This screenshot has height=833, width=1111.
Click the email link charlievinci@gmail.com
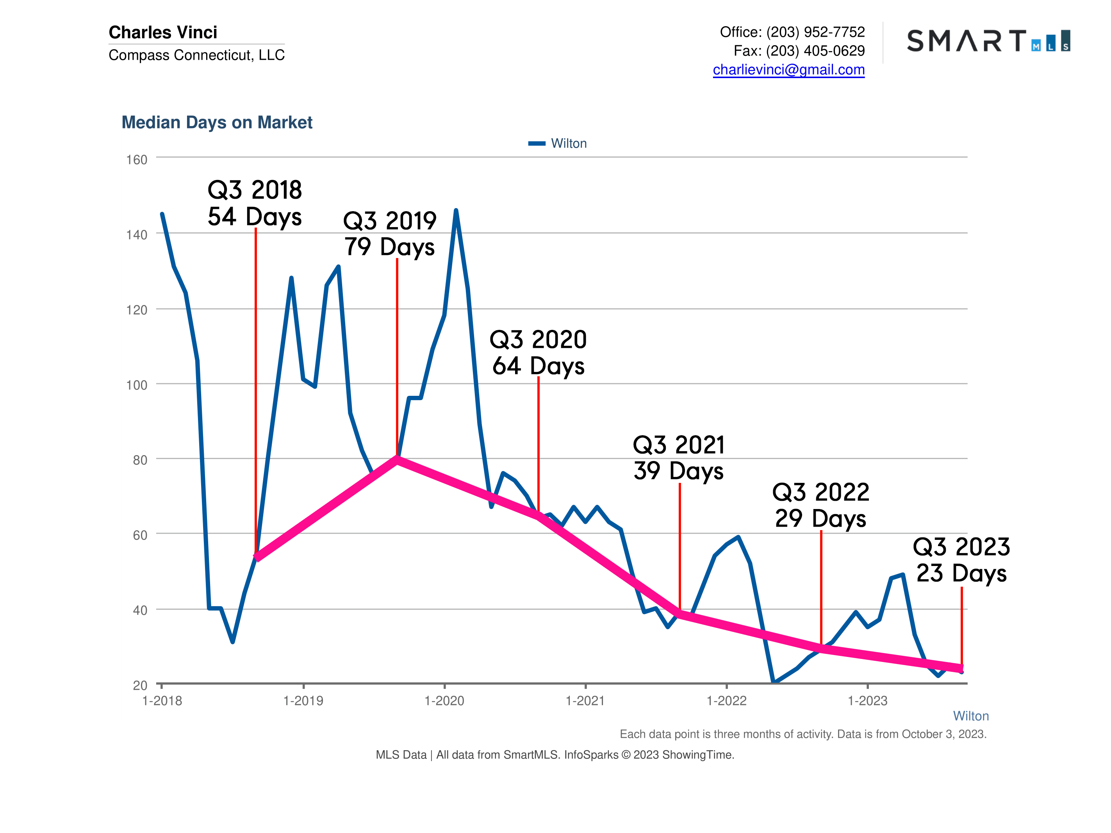click(x=788, y=70)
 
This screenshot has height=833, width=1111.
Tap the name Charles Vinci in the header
click(x=163, y=32)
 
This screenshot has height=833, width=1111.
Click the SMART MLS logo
click(x=988, y=41)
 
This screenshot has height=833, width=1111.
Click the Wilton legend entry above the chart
click(x=558, y=144)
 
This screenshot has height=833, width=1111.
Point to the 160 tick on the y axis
click(x=137, y=160)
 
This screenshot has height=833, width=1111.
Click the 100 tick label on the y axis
click(x=137, y=385)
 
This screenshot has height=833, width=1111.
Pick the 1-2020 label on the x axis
click(x=444, y=701)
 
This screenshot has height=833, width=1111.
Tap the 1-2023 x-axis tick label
click(x=867, y=701)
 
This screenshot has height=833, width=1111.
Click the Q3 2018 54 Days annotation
click(x=255, y=203)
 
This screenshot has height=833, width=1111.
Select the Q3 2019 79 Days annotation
click(x=390, y=233)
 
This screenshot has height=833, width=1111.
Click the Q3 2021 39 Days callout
click(x=679, y=457)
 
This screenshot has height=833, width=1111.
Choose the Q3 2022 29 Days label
click(x=821, y=505)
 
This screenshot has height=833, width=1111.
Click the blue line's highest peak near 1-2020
click(x=456, y=210)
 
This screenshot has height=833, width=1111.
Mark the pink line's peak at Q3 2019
click(x=397, y=459)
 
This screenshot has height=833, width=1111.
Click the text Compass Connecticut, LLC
click(x=196, y=55)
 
